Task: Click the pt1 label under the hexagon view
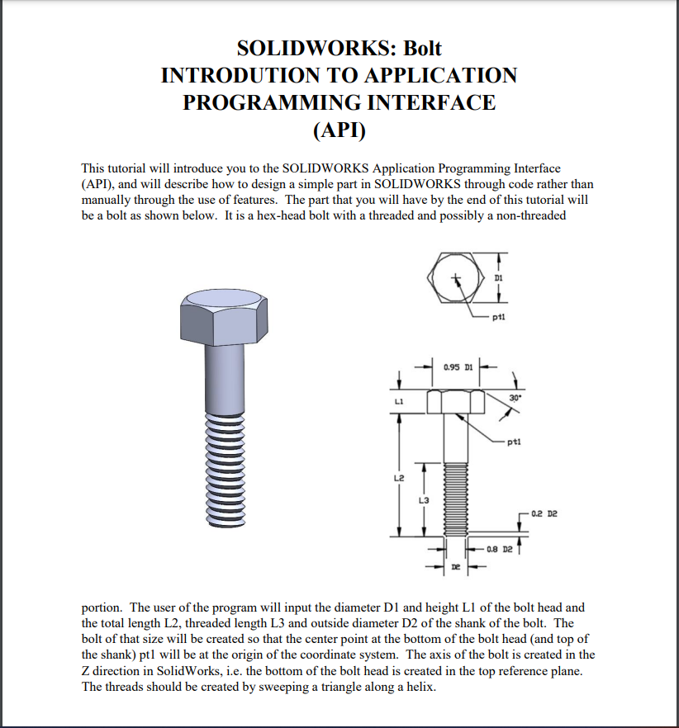(497, 316)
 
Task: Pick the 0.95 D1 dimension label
(454, 366)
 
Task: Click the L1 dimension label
(399, 401)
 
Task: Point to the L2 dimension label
(399, 476)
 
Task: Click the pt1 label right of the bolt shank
(515, 442)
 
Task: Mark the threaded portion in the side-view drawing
(455, 499)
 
